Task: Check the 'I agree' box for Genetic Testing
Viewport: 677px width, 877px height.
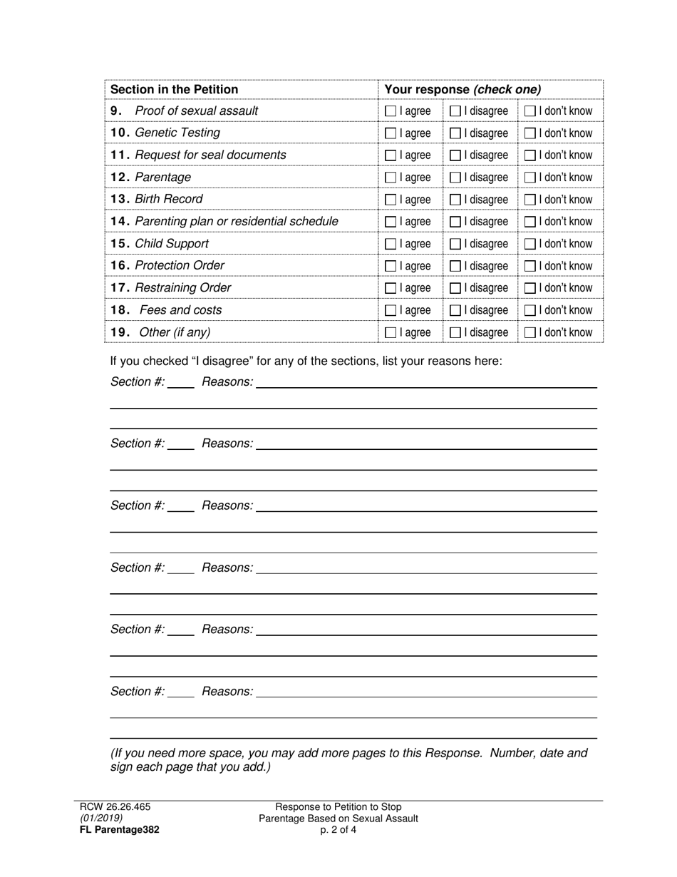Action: click(x=391, y=133)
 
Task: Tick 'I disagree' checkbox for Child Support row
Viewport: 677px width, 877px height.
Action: click(x=455, y=244)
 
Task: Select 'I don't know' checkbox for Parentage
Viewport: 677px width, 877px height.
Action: click(x=530, y=178)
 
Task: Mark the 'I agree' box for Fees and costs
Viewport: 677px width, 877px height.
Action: click(x=391, y=310)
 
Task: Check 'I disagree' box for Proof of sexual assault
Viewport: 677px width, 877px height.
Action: click(x=455, y=111)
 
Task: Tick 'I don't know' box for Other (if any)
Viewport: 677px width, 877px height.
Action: click(x=530, y=332)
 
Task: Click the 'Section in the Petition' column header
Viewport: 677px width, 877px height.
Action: click(x=175, y=89)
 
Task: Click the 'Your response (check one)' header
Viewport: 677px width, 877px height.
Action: click(x=462, y=89)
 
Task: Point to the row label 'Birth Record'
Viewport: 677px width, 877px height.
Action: click(x=169, y=199)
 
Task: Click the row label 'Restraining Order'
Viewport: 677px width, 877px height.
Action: click(x=183, y=287)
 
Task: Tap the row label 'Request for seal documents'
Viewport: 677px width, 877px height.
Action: click(x=210, y=155)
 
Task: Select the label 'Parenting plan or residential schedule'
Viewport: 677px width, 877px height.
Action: click(x=237, y=221)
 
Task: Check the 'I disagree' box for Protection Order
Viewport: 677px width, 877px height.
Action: click(x=455, y=266)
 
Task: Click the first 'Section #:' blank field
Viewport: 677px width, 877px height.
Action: click(x=181, y=382)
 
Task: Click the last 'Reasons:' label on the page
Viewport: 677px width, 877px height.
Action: click(x=227, y=691)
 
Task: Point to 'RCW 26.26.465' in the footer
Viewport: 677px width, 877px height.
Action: click(x=115, y=807)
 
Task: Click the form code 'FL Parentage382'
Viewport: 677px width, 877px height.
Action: click(x=120, y=829)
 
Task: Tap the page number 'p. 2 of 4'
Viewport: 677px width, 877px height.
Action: click(x=338, y=829)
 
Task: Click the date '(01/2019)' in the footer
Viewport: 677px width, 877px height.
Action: click(x=101, y=818)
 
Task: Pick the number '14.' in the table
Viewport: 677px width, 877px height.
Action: click(x=120, y=221)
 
